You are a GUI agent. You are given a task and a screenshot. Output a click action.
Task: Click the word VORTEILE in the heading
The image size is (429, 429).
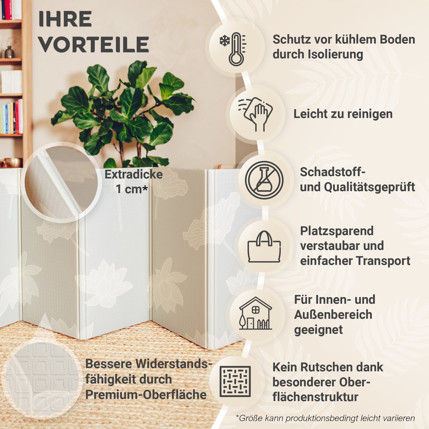(x=94, y=45)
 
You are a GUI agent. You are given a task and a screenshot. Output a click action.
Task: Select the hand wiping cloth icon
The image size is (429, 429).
(x=255, y=114)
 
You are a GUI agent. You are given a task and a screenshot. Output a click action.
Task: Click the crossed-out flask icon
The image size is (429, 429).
(x=264, y=180)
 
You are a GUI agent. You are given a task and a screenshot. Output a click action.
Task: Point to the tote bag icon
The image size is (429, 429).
(x=264, y=247)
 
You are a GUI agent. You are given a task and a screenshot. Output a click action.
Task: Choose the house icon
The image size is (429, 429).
(x=255, y=314)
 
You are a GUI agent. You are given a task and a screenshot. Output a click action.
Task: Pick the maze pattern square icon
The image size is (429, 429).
(x=235, y=381)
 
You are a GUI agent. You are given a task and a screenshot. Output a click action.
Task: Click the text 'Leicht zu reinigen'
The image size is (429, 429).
(x=343, y=114)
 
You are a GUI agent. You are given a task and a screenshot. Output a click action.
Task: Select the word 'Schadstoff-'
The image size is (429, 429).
(x=333, y=172)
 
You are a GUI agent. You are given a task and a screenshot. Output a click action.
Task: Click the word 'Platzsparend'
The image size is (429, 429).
(x=337, y=231)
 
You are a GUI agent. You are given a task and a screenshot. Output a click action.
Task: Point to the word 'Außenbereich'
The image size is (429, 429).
(x=333, y=314)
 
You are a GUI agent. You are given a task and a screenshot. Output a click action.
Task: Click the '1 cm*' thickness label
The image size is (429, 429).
(x=132, y=189)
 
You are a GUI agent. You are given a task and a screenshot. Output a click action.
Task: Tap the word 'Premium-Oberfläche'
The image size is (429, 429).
(x=146, y=395)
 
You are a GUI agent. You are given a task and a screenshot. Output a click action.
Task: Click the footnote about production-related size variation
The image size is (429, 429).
(x=325, y=418)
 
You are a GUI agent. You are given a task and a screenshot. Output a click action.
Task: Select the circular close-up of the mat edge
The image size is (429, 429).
(x=61, y=182)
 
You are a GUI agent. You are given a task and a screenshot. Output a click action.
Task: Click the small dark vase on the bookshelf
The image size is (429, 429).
(x=10, y=52)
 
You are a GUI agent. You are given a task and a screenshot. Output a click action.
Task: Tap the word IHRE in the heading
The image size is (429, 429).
(x=65, y=20)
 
